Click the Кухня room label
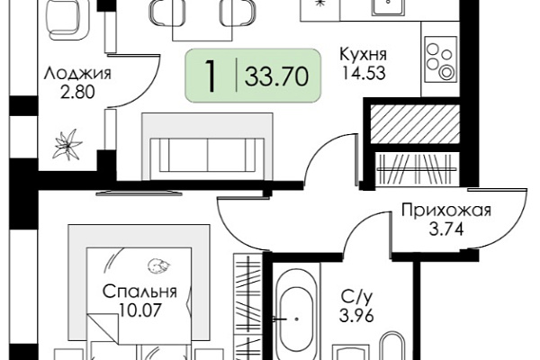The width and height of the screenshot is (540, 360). [x=364, y=55]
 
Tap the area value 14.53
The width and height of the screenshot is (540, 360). [x=363, y=73]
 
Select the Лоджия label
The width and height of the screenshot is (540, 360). [x=77, y=75]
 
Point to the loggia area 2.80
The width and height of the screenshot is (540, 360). [x=77, y=93]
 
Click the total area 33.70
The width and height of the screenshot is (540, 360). [x=276, y=76]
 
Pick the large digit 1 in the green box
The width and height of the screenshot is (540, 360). [x=211, y=76]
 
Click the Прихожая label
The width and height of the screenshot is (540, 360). [x=446, y=210]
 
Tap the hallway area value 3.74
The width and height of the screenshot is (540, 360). [x=446, y=229]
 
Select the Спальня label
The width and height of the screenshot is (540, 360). [x=139, y=292]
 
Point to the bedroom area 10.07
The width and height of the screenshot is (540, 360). [x=139, y=310]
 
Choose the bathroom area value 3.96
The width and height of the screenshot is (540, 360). [x=356, y=316]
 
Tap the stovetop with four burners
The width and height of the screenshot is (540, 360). [x=440, y=58]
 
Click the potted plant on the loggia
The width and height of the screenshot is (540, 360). [x=67, y=145]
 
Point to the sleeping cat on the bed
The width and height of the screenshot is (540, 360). [x=158, y=265]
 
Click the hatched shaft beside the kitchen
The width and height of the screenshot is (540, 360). [x=415, y=124]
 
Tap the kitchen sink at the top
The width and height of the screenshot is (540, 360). [x=388, y=7]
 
